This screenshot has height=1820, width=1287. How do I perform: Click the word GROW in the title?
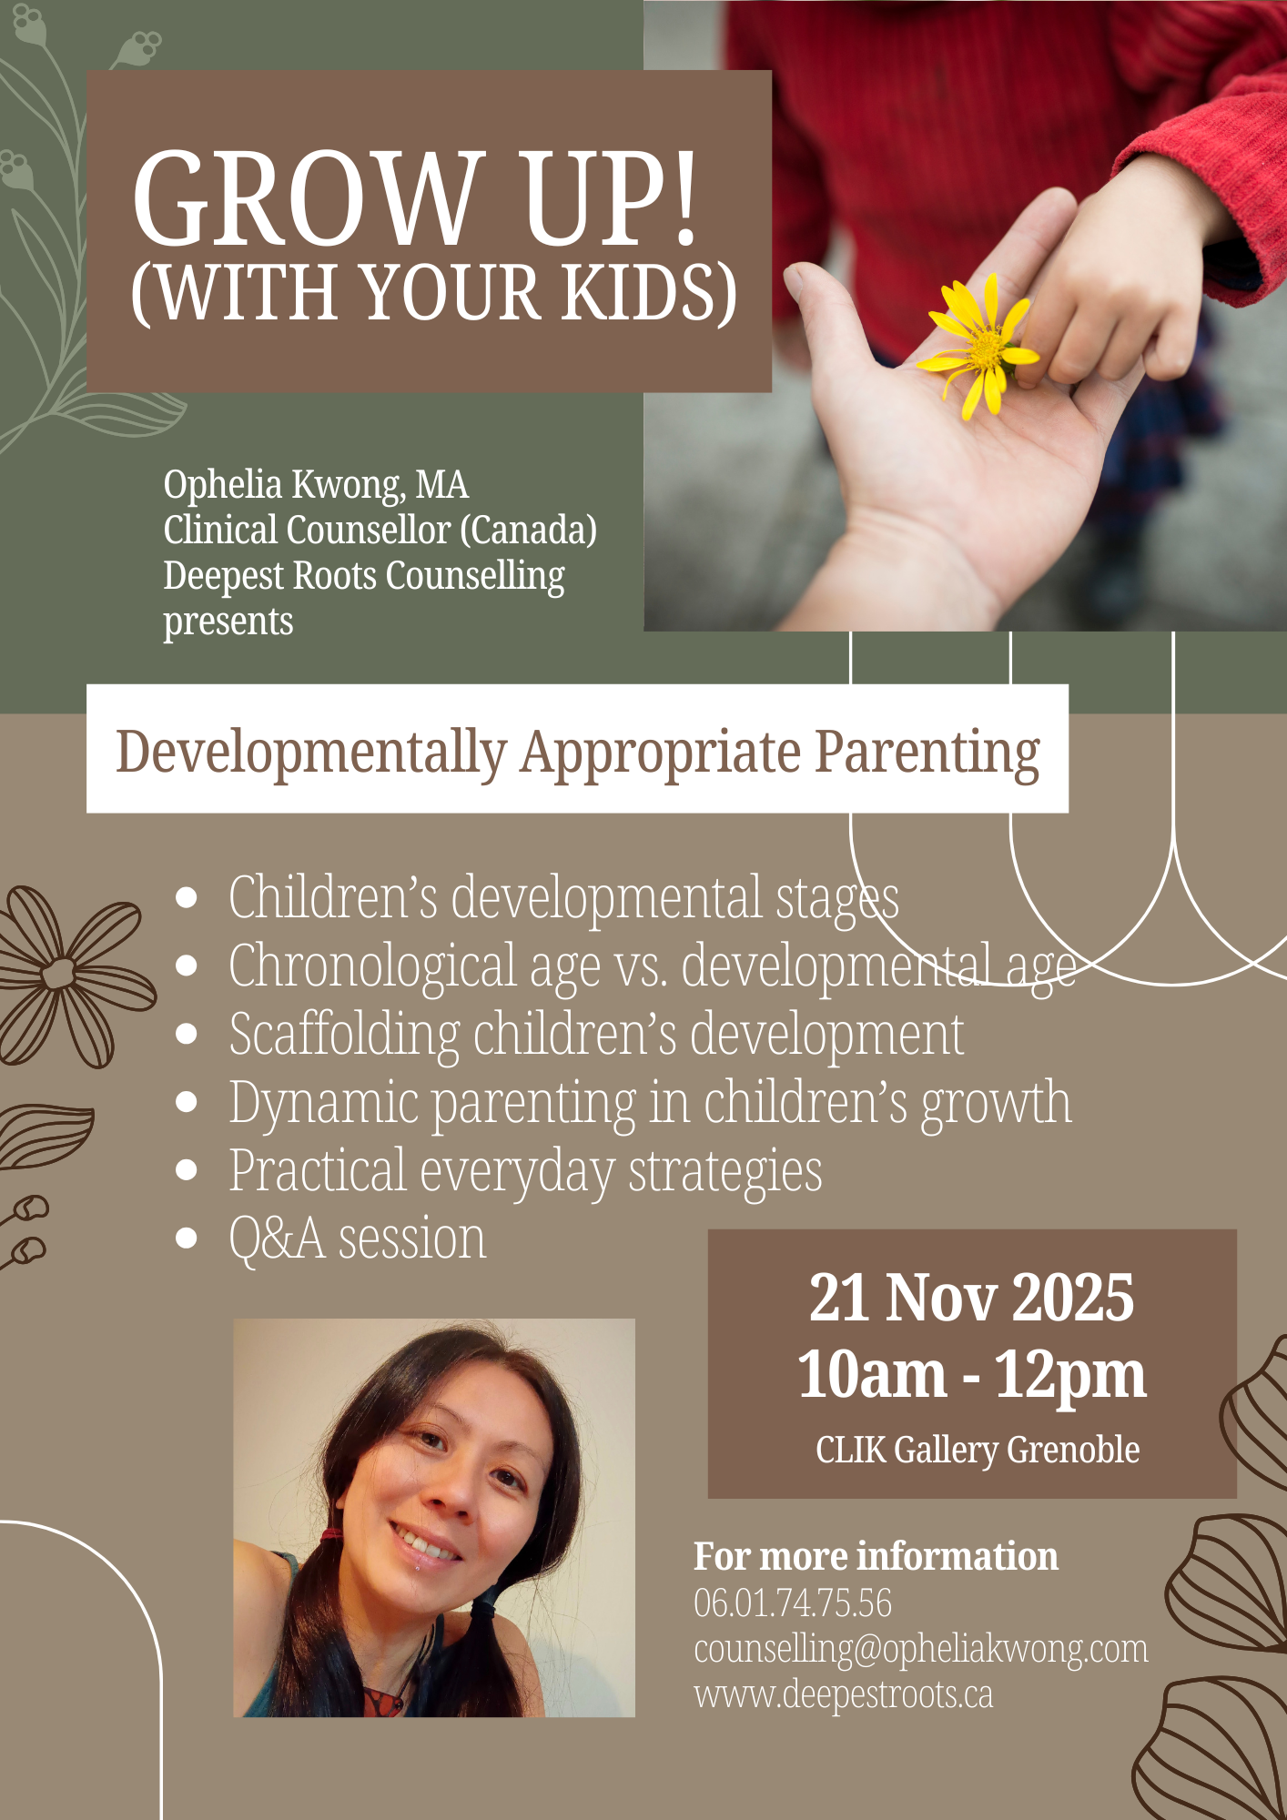(308, 198)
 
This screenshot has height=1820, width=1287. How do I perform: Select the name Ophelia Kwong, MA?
(316, 485)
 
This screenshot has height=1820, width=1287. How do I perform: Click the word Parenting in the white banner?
(927, 753)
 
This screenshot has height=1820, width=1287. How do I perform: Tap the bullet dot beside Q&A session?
(187, 1239)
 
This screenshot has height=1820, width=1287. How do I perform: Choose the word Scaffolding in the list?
(344, 1036)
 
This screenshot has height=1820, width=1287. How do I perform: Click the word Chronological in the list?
(372, 966)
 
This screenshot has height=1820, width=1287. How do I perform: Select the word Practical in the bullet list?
(317, 1171)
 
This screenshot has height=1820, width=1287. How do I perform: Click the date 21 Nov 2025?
(972, 1298)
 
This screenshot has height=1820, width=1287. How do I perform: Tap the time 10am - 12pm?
(972, 1375)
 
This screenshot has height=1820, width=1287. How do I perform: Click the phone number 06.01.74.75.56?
(793, 1603)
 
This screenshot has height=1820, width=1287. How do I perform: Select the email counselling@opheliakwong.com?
(921, 1650)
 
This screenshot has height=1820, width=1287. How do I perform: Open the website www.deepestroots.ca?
(844, 1695)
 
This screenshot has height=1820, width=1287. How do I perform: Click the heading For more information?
(876, 1557)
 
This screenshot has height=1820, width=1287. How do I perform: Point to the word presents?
(228, 622)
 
